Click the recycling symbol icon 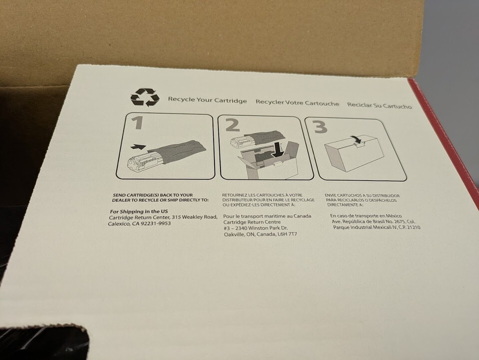click(x=145, y=97)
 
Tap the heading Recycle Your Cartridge click(x=208, y=100)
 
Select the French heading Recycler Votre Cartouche click(x=297, y=103)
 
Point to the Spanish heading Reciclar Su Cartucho click(x=379, y=106)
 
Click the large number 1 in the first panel click(x=138, y=122)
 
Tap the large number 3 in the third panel click(x=319, y=126)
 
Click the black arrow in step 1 click(x=138, y=147)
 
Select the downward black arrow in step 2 click(x=277, y=150)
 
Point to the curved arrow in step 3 click(x=356, y=139)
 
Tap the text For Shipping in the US click(x=139, y=212)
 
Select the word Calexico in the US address click(x=119, y=224)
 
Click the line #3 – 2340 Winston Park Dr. click(x=255, y=228)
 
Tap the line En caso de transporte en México click(x=366, y=216)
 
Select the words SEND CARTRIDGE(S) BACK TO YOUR click(x=153, y=195)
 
